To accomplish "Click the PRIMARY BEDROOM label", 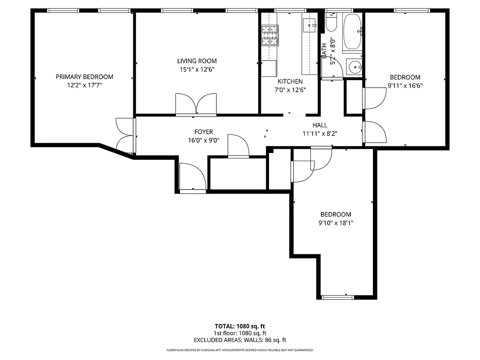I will (x=84, y=77).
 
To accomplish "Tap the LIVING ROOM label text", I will (x=197, y=61).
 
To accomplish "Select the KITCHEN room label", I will (x=290, y=81).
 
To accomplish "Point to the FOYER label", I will (x=203, y=132).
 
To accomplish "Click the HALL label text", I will (x=320, y=125).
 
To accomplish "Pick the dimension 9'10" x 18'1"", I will (x=336, y=223).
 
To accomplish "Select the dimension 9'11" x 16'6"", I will (x=405, y=85).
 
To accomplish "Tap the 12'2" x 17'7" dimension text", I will (x=84, y=85).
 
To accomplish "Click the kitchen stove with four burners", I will (x=270, y=36).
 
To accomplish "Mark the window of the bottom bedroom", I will (x=338, y=297).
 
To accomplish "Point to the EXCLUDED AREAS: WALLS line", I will (x=240, y=340).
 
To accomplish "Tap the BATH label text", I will (x=324, y=50).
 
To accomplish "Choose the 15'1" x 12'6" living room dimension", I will (x=197, y=69).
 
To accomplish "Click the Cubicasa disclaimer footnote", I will (x=240, y=350).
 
